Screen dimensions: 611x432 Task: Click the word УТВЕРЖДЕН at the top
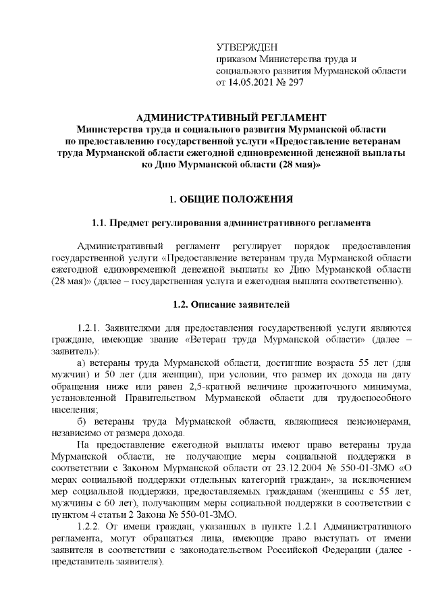(x=246, y=47)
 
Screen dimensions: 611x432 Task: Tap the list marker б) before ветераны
(x=83, y=421)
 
